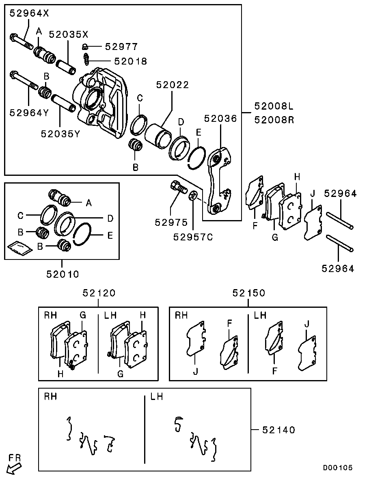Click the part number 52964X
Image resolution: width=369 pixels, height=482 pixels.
click(29, 13)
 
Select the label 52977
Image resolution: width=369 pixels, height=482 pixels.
click(121, 47)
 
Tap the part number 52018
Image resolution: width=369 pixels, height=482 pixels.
click(131, 61)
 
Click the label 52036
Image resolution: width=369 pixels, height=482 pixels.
click(220, 119)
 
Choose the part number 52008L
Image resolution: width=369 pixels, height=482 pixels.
click(274, 106)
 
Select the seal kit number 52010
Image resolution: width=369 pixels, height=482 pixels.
click(63, 274)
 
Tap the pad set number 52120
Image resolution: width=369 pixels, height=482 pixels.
click(99, 293)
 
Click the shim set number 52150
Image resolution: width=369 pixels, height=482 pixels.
click(249, 293)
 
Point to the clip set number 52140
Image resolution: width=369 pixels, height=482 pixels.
click(278, 430)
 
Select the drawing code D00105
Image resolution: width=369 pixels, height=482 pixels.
click(338, 467)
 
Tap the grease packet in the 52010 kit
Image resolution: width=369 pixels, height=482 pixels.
click(19, 248)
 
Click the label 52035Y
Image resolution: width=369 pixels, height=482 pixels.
click(60, 134)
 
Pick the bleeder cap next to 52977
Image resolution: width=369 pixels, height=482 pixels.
click(85, 47)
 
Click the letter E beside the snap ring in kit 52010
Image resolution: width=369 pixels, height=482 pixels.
click(110, 236)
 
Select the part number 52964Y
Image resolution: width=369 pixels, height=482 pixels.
click(29, 113)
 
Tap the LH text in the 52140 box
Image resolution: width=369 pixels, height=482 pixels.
click(156, 397)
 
